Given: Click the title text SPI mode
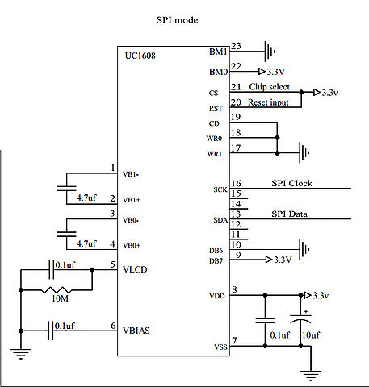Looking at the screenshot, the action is click(x=177, y=20).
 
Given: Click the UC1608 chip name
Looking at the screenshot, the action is click(x=140, y=56).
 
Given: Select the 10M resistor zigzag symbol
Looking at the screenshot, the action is click(x=57, y=290).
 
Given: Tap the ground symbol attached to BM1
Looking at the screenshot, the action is click(x=270, y=52).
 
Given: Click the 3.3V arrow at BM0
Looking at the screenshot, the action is click(x=262, y=72).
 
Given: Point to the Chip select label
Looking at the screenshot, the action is click(x=269, y=87).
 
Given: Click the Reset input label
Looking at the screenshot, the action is click(x=268, y=102).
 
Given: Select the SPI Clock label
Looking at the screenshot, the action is click(x=292, y=183).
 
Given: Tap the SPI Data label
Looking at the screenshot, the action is click(x=289, y=214).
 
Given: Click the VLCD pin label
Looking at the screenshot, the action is click(x=135, y=269).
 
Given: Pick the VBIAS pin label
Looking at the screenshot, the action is click(x=136, y=331).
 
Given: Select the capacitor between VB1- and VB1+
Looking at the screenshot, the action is click(x=67, y=188).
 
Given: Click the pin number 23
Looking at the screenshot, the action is click(x=236, y=46).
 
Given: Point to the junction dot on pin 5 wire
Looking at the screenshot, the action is click(x=92, y=269).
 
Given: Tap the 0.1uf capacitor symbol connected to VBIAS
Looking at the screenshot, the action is click(x=51, y=331).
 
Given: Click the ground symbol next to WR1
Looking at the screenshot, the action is click(x=304, y=153).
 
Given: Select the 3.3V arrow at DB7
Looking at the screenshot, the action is click(x=269, y=260).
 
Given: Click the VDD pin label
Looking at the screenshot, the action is click(x=217, y=296).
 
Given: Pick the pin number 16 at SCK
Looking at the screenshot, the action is click(x=236, y=184).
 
